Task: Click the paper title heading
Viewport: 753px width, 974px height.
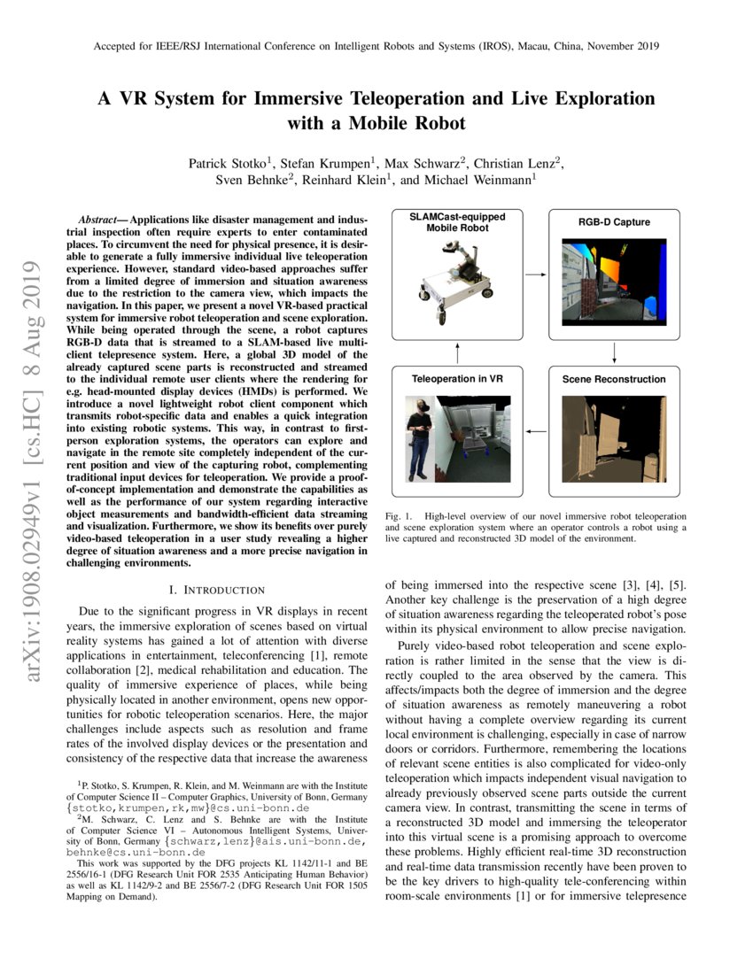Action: coord(376,110)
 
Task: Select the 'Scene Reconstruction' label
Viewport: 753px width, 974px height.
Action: coord(614,379)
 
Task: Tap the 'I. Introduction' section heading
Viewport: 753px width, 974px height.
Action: coord(216,590)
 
